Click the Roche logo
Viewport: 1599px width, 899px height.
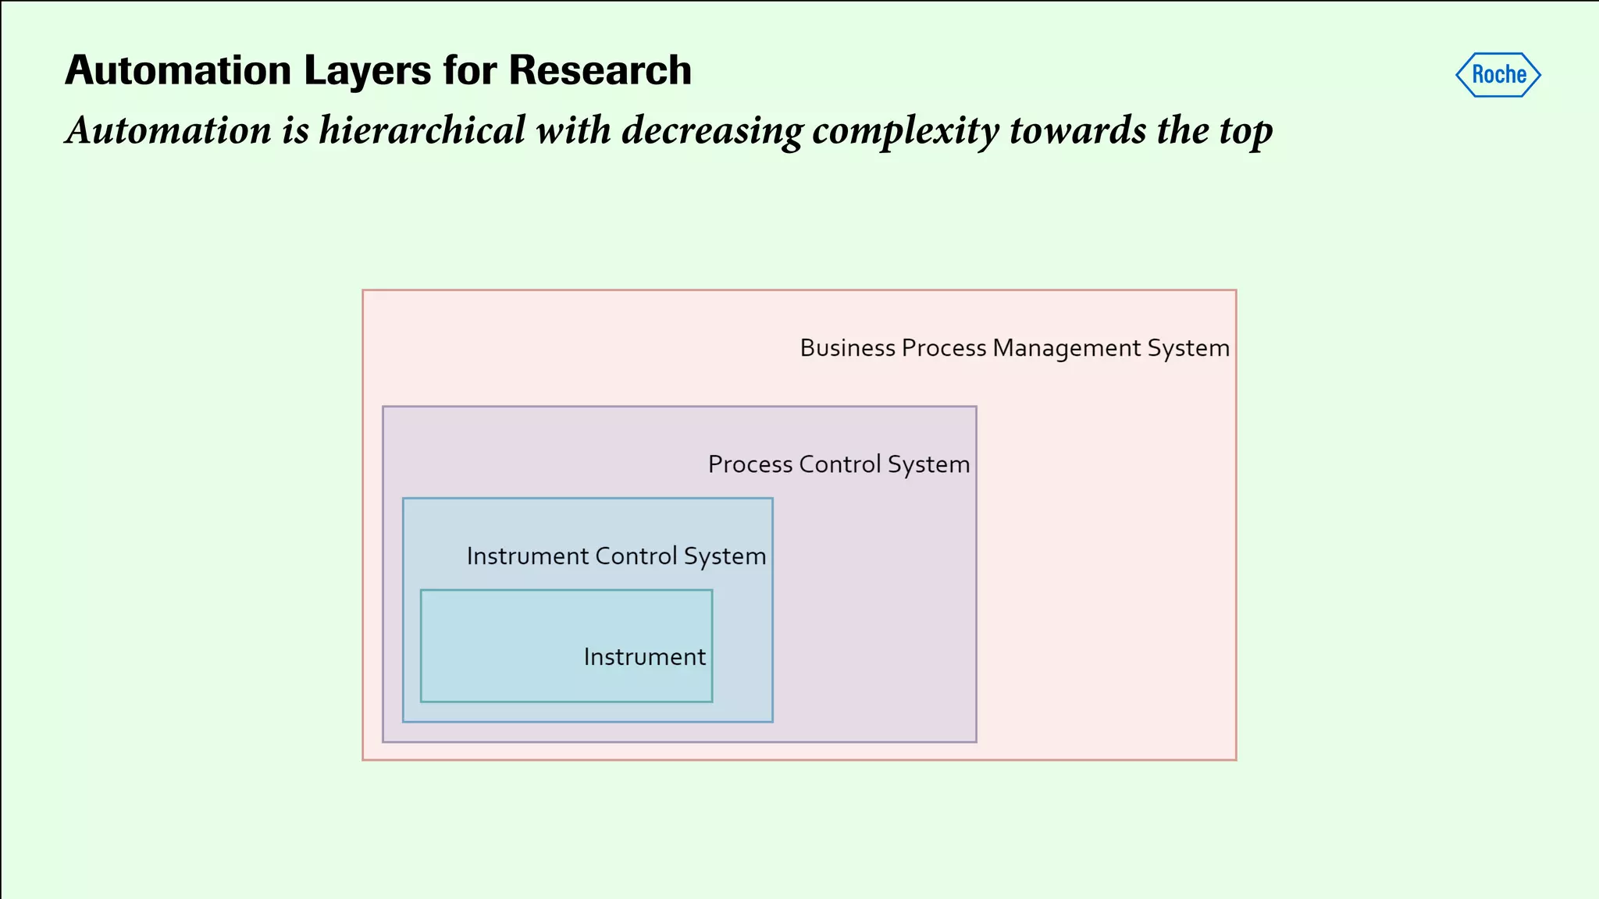click(1498, 75)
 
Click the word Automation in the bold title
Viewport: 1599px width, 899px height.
click(178, 70)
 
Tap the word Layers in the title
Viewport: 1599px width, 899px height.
click(367, 70)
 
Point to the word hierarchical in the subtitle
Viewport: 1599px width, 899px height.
click(422, 130)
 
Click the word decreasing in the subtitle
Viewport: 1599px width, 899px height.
click(711, 130)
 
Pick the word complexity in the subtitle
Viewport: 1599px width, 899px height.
click(906, 131)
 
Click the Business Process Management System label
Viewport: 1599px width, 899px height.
click(1014, 348)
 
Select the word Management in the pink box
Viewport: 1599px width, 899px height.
click(1067, 348)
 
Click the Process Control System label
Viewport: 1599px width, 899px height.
click(839, 464)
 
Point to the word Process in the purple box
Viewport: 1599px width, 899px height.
click(750, 464)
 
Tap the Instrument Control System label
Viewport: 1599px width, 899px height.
click(616, 556)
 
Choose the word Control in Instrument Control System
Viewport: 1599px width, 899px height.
click(636, 556)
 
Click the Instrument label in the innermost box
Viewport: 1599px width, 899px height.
click(644, 657)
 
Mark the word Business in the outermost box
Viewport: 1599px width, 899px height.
click(847, 348)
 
